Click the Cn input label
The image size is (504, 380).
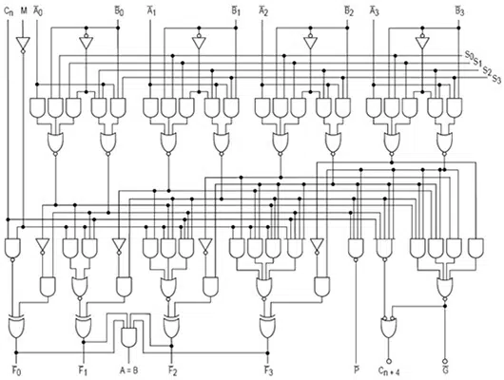(x=9, y=11)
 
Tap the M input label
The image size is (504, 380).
(x=24, y=11)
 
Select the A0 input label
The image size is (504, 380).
(x=38, y=11)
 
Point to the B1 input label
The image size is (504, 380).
(x=236, y=11)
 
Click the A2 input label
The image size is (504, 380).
(x=263, y=11)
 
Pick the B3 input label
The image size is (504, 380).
(x=459, y=11)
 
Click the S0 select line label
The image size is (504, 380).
(x=469, y=55)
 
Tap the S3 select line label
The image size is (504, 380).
(x=496, y=79)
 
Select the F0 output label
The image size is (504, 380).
(x=16, y=370)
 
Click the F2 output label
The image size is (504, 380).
(x=173, y=370)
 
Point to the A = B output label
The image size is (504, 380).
(x=129, y=370)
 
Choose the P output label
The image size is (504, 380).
(x=357, y=370)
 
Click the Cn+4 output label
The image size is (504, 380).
(x=389, y=371)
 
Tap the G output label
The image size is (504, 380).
(x=445, y=370)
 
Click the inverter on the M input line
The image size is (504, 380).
(x=23, y=45)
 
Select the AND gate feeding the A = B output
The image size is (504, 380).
(x=129, y=337)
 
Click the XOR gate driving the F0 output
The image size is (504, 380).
(x=17, y=326)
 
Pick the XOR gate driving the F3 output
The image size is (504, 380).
(x=267, y=326)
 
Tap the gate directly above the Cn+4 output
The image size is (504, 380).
(x=389, y=328)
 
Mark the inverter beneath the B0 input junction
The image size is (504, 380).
(x=87, y=41)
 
